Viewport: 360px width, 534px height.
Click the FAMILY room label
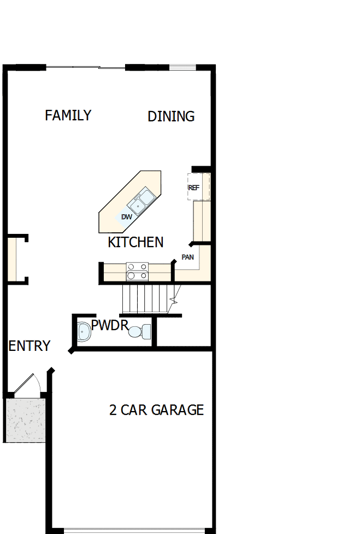[68, 115]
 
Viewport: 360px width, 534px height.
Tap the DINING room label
[171, 116]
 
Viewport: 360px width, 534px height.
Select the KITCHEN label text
[135, 242]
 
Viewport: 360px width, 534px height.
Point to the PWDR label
[109, 326]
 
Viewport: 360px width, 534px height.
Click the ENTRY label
[29, 346]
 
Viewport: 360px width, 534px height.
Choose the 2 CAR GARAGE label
[156, 410]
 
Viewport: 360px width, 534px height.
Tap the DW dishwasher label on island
[127, 217]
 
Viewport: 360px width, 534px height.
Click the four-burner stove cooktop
[138, 271]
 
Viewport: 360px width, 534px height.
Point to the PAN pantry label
[187, 256]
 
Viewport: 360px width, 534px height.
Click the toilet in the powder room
[140, 331]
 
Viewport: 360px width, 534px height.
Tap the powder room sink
[84, 331]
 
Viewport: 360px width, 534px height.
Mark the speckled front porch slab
[25, 420]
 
